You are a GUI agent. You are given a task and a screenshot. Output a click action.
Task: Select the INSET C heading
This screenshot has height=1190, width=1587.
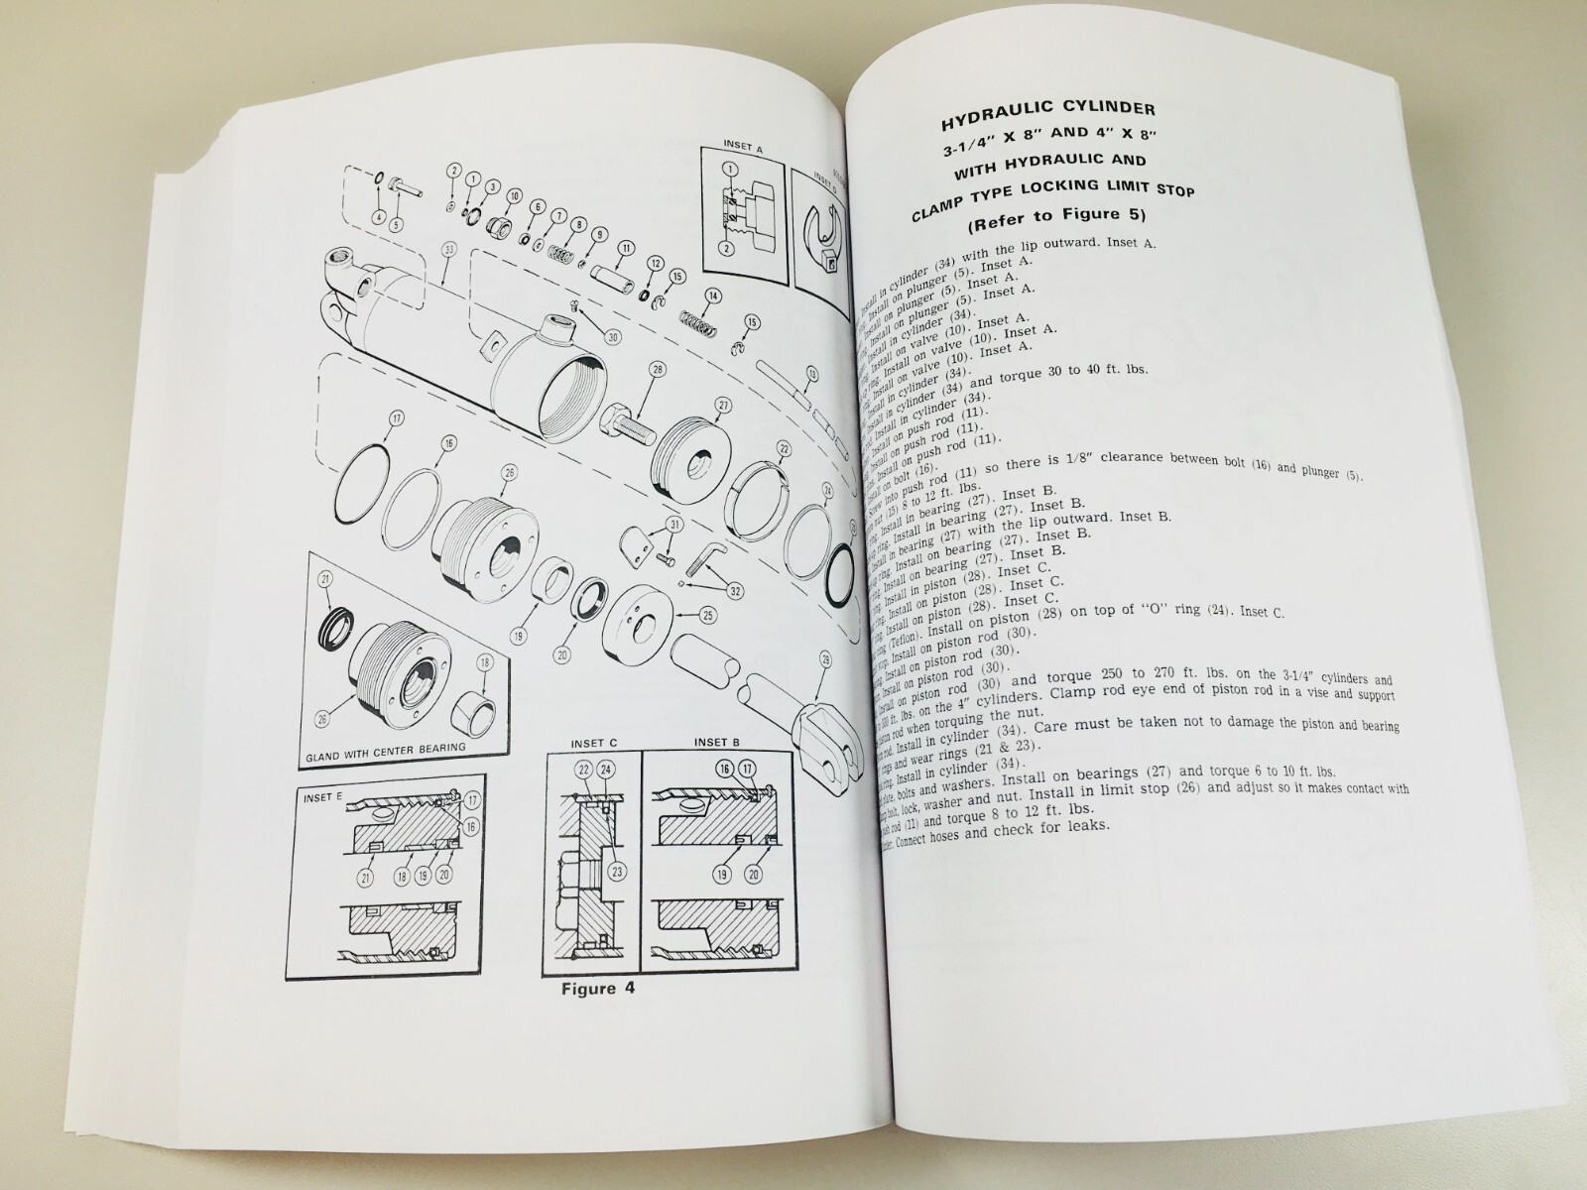tap(593, 744)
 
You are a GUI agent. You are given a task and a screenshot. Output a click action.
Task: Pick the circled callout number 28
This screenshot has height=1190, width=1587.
tap(656, 371)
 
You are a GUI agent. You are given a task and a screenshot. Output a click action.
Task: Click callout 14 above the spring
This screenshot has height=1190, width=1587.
tap(711, 296)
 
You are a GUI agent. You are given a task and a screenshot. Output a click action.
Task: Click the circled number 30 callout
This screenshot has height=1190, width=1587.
tap(612, 336)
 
